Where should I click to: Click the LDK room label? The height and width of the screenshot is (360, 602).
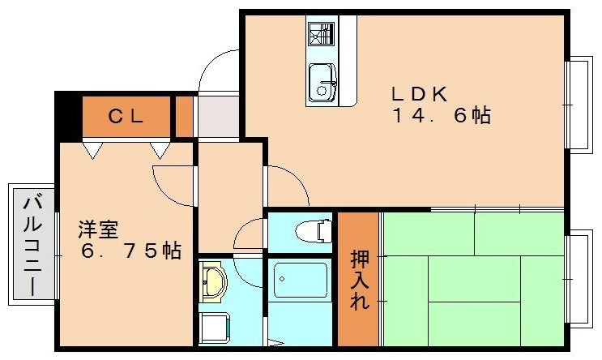point(420,94)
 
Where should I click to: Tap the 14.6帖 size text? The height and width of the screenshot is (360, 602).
point(442,115)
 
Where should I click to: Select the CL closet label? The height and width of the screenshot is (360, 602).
point(126,116)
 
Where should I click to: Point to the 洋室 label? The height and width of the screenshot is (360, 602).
point(98,229)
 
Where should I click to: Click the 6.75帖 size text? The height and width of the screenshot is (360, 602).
point(131,251)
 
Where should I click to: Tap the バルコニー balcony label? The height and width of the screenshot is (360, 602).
point(32,246)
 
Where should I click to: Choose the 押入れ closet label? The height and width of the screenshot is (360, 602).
point(360,281)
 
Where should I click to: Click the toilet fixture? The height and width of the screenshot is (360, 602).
point(314,231)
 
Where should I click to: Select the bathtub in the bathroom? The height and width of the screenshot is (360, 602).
point(301,280)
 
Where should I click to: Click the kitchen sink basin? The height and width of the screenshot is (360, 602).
point(322,83)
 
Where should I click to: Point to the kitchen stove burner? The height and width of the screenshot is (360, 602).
point(321,34)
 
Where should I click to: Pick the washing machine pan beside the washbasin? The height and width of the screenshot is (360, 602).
point(215,328)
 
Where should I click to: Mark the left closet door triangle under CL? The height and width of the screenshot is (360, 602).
point(93,151)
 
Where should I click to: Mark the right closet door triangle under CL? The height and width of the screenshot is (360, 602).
point(160,151)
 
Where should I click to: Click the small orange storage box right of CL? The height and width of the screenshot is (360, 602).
point(184,117)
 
